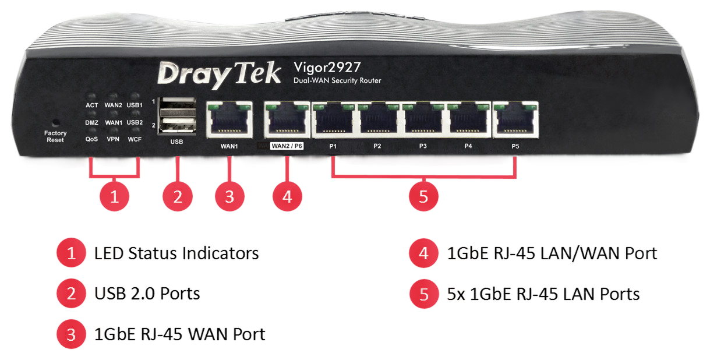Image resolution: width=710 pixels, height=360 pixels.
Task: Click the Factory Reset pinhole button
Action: [x=56, y=123]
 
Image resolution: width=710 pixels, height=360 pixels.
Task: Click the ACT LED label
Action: [x=92, y=105]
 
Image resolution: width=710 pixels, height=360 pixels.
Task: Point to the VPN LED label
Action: [x=113, y=140]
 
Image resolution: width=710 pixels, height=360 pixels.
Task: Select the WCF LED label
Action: [x=135, y=140]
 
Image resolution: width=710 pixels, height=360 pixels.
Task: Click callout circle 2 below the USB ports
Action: [x=178, y=196]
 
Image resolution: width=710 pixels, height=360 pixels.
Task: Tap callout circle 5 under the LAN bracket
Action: [x=423, y=196]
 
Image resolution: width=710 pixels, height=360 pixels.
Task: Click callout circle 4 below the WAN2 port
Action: [x=287, y=196]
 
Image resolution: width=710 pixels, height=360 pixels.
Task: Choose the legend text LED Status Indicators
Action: [x=176, y=253]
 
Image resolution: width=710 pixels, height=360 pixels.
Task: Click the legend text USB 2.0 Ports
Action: [x=147, y=294]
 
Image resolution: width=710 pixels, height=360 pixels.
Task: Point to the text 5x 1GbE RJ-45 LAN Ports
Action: [x=543, y=294]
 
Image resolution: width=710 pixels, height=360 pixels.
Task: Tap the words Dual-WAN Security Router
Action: [x=337, y=80]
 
